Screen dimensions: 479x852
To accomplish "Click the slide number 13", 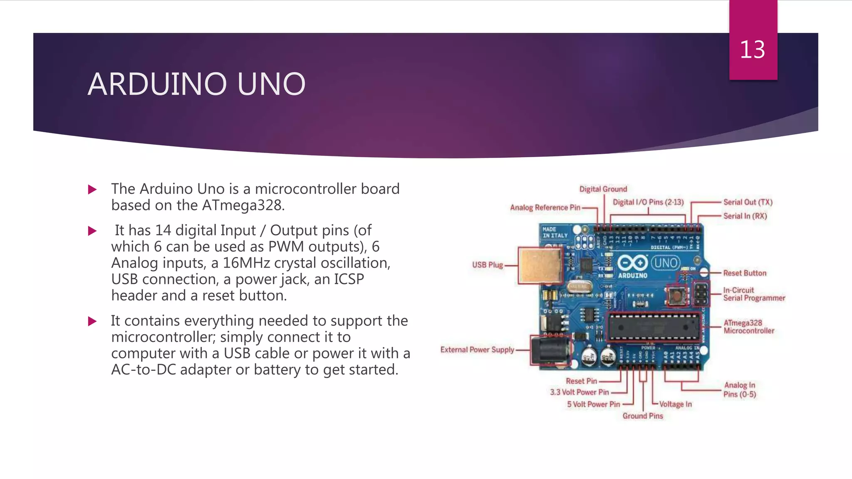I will click(x=752, y=50).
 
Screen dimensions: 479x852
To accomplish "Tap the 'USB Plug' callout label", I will click(x=487, y=265).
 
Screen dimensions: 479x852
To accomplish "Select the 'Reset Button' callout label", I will click(x=744, y=273).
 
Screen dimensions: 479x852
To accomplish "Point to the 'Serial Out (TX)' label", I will click(x=748, y=202).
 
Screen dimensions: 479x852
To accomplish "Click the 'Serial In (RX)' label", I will click(x=745, y=216).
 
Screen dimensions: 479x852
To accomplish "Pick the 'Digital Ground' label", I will click(x=603, y=189).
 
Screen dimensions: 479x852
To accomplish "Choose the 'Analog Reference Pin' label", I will click(x=545, y=207).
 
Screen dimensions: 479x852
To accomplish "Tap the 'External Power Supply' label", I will click(x=477, y=350).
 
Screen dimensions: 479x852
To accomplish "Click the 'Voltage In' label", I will click(x=675, y=404).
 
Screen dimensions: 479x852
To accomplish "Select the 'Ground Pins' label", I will click(x=642, y=416).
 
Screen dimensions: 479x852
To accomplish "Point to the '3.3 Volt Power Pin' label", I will click(x=579, y=392).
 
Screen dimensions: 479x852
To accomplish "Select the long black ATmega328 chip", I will click(x=653, y=327).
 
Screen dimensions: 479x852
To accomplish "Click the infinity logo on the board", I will click(x=632, y=263).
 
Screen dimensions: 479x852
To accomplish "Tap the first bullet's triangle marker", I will click(x=92, y=190).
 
